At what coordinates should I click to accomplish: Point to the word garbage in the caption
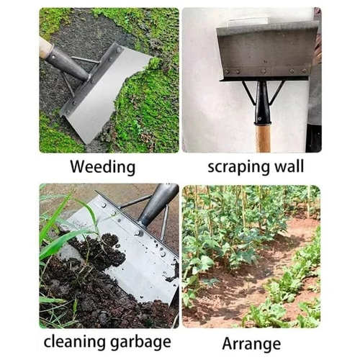[140, 341]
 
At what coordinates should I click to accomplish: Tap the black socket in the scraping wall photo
[263, 104]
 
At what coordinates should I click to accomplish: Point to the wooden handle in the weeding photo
[45, 48]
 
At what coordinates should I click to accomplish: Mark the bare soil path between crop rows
[238, 288]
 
